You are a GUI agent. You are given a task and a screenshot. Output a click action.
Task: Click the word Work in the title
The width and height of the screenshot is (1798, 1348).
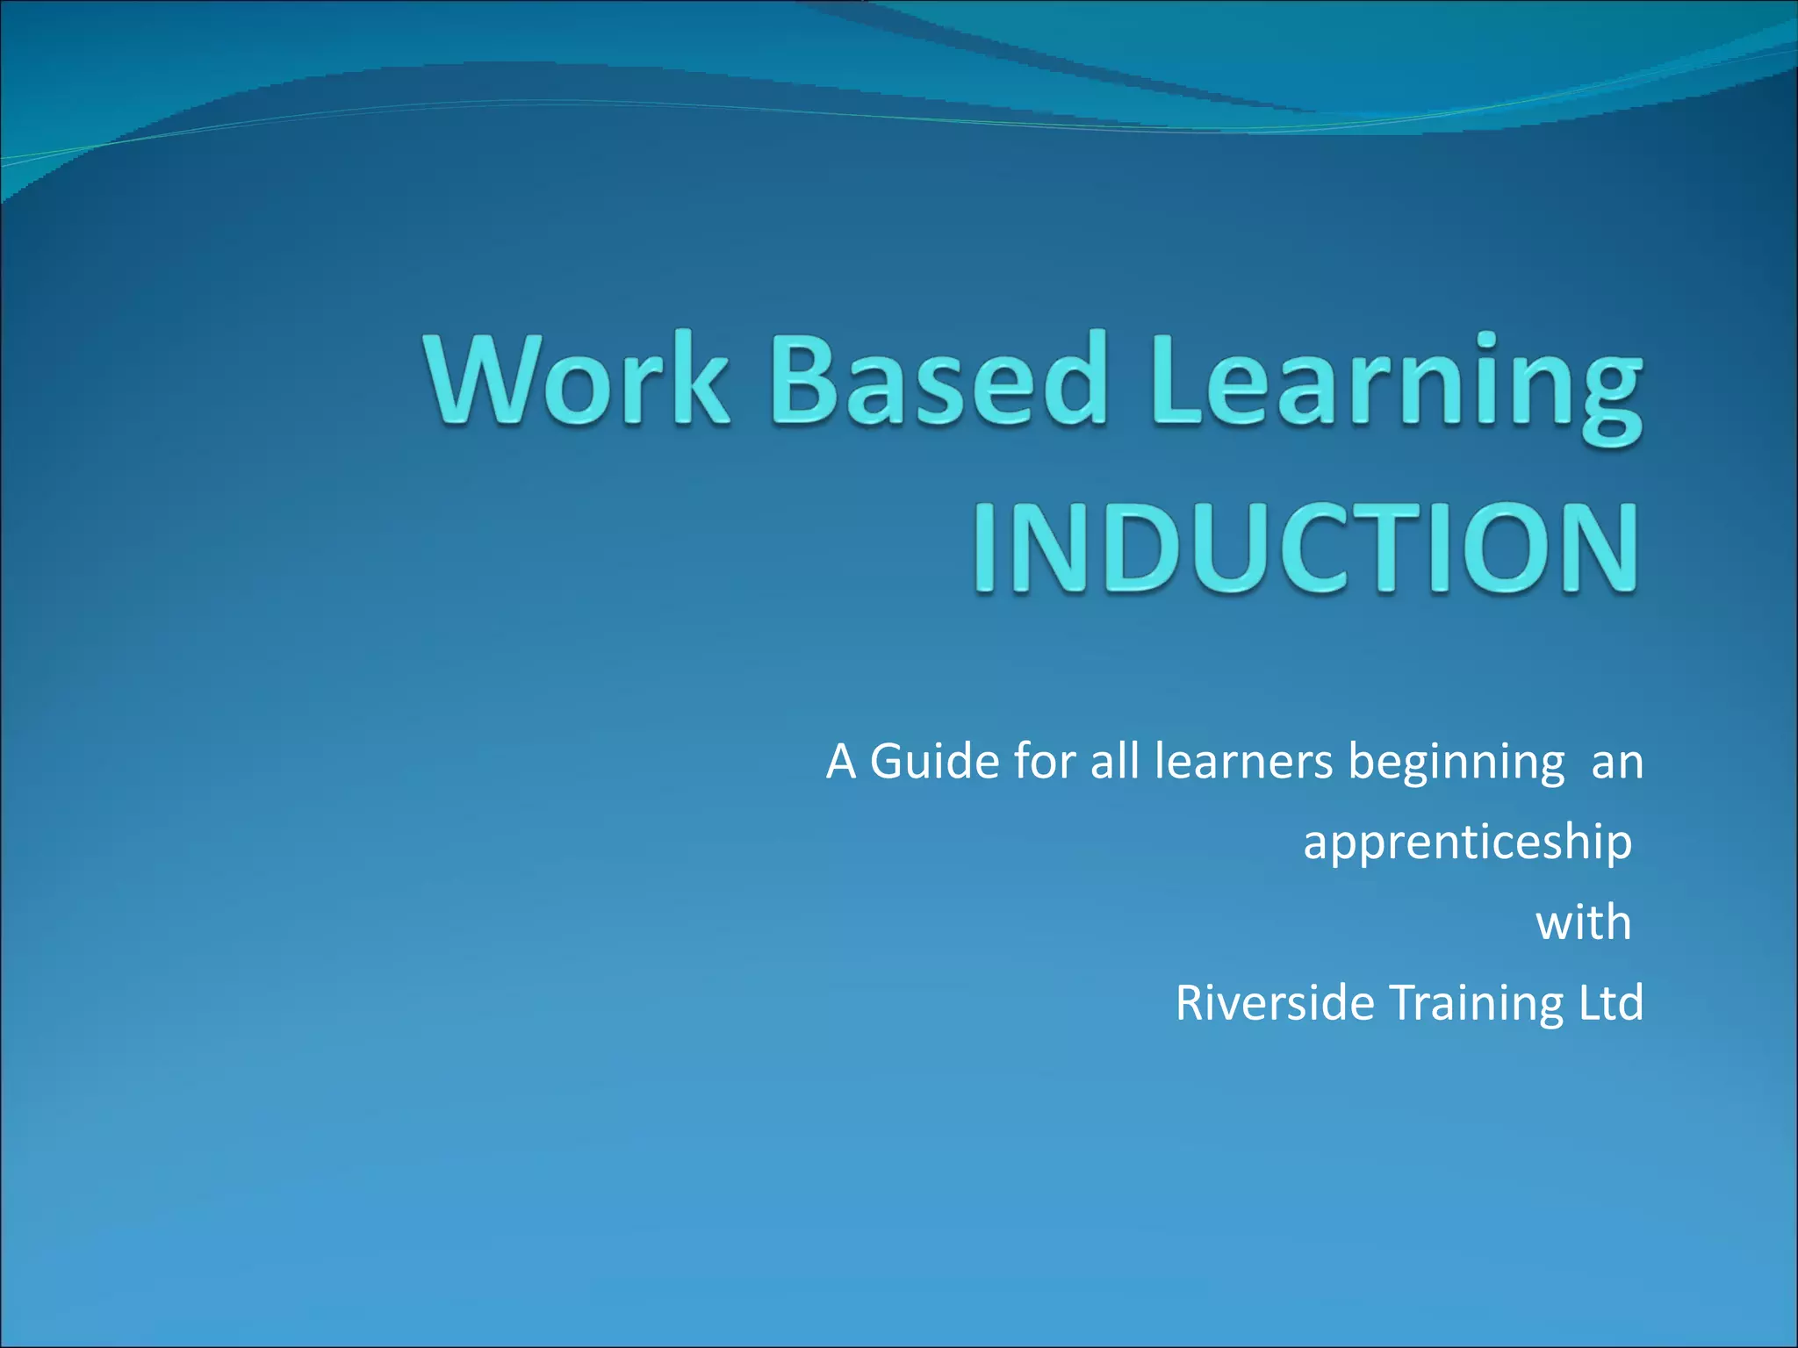coord(578,379)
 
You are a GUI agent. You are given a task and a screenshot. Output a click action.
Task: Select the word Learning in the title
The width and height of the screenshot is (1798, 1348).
coord(1396,386)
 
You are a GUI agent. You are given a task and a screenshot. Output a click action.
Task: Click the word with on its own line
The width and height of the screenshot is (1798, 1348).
coord(1583,922)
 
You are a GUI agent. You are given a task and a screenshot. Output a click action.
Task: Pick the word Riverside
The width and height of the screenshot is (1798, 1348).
coord(1274,1002)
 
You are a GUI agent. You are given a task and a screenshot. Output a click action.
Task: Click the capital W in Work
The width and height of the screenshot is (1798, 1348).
coord(484,379)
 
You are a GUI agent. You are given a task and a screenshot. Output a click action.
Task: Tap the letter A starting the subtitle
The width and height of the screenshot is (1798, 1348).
coord(840,761)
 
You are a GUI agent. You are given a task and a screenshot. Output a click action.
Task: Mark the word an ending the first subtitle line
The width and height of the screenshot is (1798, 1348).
coord(1617,763)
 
